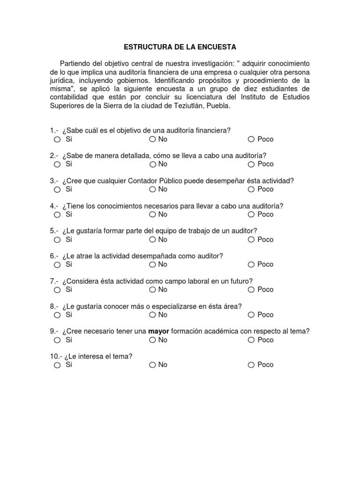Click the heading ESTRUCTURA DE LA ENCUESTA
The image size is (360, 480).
[180, 47]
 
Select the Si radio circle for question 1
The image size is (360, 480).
[57, 139]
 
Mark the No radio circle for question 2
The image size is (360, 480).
[153, 165]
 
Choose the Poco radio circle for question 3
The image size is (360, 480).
[251, 189]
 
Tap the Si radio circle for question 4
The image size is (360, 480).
[57, 215]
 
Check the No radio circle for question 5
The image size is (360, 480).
[153, 240]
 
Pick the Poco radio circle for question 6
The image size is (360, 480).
[251, 265]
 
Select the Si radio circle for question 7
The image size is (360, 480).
[57, 290]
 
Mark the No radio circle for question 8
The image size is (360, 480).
[153, 315]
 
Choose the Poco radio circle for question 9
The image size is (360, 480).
[251, 340]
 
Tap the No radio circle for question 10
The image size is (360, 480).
[153, 365]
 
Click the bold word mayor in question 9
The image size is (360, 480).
[158, 331]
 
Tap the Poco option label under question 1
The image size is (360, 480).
[265, 139]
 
